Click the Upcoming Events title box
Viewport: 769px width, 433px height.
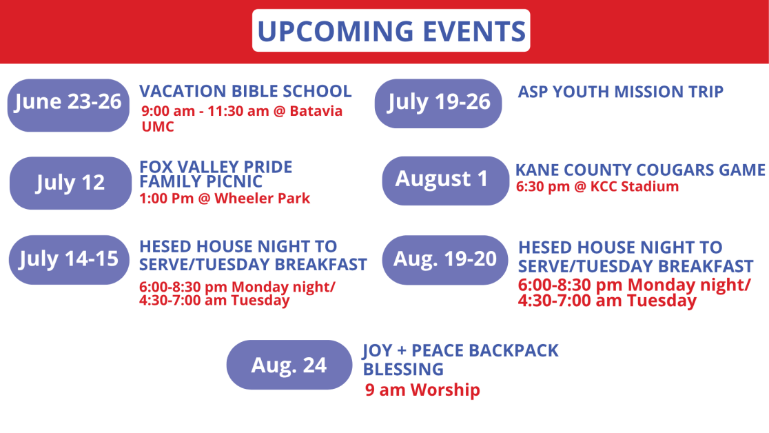tap(391, 30)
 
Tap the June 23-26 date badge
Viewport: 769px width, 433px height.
tap(68, 105)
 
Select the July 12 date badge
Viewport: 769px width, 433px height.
tap(70, 183)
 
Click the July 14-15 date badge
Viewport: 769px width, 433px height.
tap(69, 260)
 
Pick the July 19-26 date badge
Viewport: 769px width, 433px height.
tap(438, 103)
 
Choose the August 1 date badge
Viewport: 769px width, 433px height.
tap(446, 181)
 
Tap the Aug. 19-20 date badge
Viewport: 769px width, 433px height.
tap(445, 260)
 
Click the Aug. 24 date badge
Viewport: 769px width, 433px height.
tap(289, 365)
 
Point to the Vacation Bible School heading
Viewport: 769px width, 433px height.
tap(245, 91)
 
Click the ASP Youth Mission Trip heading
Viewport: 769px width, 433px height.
tap(620, 92)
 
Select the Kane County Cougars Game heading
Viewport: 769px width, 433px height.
tap(640, 170)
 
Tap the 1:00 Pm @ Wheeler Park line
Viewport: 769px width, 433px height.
tap(225, 199)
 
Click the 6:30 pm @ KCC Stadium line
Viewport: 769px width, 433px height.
tap(597, 187)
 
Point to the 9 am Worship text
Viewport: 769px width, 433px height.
tap(422, 390)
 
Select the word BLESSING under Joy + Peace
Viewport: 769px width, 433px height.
tap(403, 369)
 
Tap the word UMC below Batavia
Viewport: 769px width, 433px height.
tap(158, 127)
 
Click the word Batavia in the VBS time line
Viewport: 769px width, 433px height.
tap(316, 111)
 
